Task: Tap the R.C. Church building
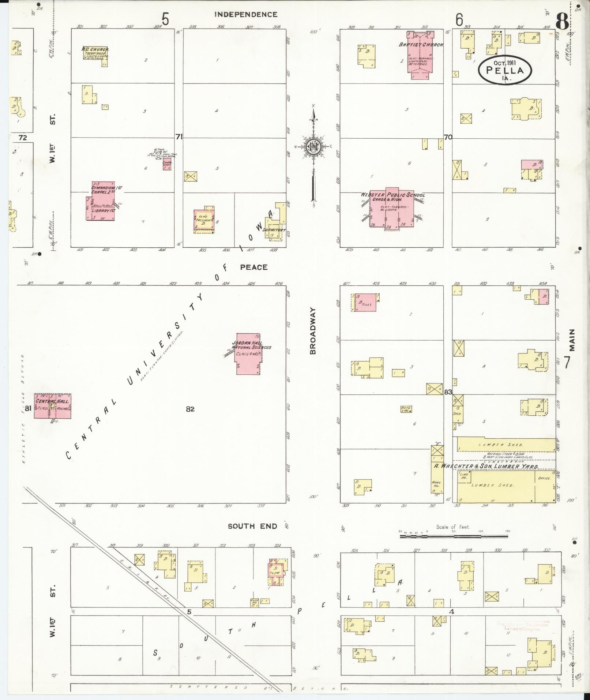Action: (95, 53)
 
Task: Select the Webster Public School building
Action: (392, 210)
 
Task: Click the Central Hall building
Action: (53, 406)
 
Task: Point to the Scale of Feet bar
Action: (454, 536)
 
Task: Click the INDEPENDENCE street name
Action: (246, 15)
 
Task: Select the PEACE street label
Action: (254, 267)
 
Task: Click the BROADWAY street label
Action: (313, 330)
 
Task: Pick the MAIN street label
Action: (572, 340)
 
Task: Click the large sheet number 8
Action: (562, 23)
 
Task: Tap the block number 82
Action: (190, 409)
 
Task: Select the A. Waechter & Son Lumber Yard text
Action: (486, 467)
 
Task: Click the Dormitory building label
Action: (274, 230)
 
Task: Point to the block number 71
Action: (179, 137)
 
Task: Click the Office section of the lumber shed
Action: (544, 478)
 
